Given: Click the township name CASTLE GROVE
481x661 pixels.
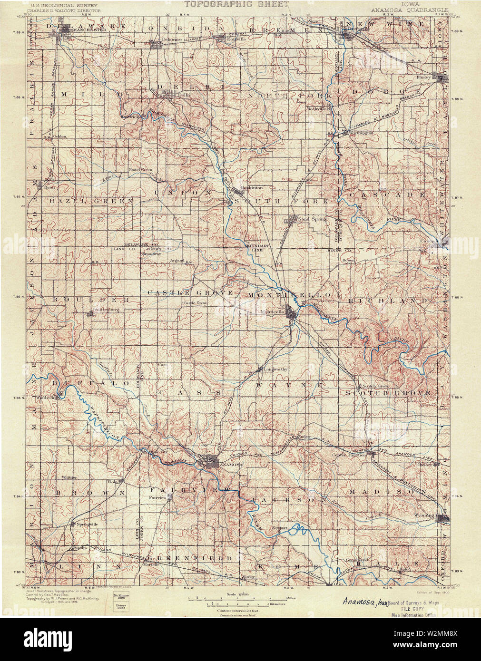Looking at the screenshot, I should [190, 292].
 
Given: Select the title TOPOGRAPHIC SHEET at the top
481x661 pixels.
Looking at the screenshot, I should [236, 4].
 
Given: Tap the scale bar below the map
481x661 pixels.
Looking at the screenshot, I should [236, 600].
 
